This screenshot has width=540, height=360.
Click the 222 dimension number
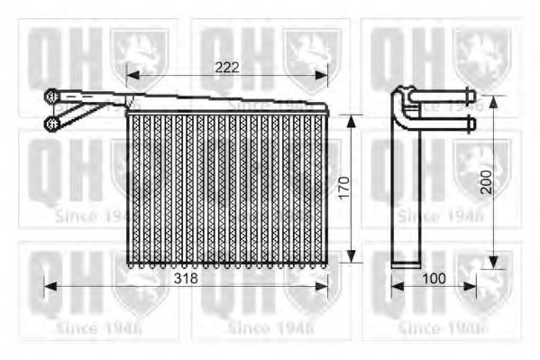(x=227, y=66)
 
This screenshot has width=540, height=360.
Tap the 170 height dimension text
(x=343, y=188)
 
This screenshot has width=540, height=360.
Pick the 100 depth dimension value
(x=434, y=279)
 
